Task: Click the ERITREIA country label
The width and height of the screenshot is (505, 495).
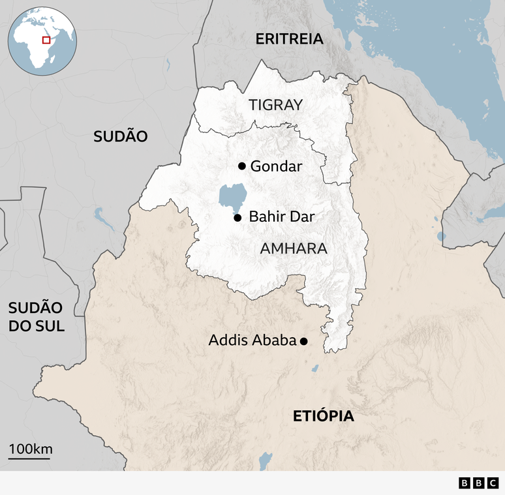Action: (x=289, y=38)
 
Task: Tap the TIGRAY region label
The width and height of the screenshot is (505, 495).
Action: (x=276, y=104)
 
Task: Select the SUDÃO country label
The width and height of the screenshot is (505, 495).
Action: (x=121, y=136)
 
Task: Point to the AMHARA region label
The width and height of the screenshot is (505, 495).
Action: (x=294, y=248)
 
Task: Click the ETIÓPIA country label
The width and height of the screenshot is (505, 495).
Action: (x=324, y=416)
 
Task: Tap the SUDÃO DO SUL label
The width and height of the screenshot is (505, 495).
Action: (x=37, y=317)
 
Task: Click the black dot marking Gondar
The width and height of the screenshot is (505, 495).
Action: (x=242, y=166)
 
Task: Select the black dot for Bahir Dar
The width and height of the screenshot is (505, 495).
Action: (x=237, y=217)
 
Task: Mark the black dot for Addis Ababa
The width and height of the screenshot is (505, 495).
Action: (x=303, y=340)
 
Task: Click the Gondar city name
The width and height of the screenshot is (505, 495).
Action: (x=276, y=166)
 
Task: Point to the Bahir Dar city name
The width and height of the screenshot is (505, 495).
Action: (x=282, y=217)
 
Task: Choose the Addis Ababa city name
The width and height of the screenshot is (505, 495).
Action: (x=252, y=340)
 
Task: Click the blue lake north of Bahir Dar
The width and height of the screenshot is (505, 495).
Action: (x=232, y=196)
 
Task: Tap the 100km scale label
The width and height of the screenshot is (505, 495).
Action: (x=30, y=449)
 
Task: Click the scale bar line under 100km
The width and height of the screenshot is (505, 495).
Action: (x=29, y=458)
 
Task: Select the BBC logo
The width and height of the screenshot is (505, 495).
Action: (x=477, y=483)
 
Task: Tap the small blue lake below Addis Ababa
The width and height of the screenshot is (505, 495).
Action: (x=315, y=368)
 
